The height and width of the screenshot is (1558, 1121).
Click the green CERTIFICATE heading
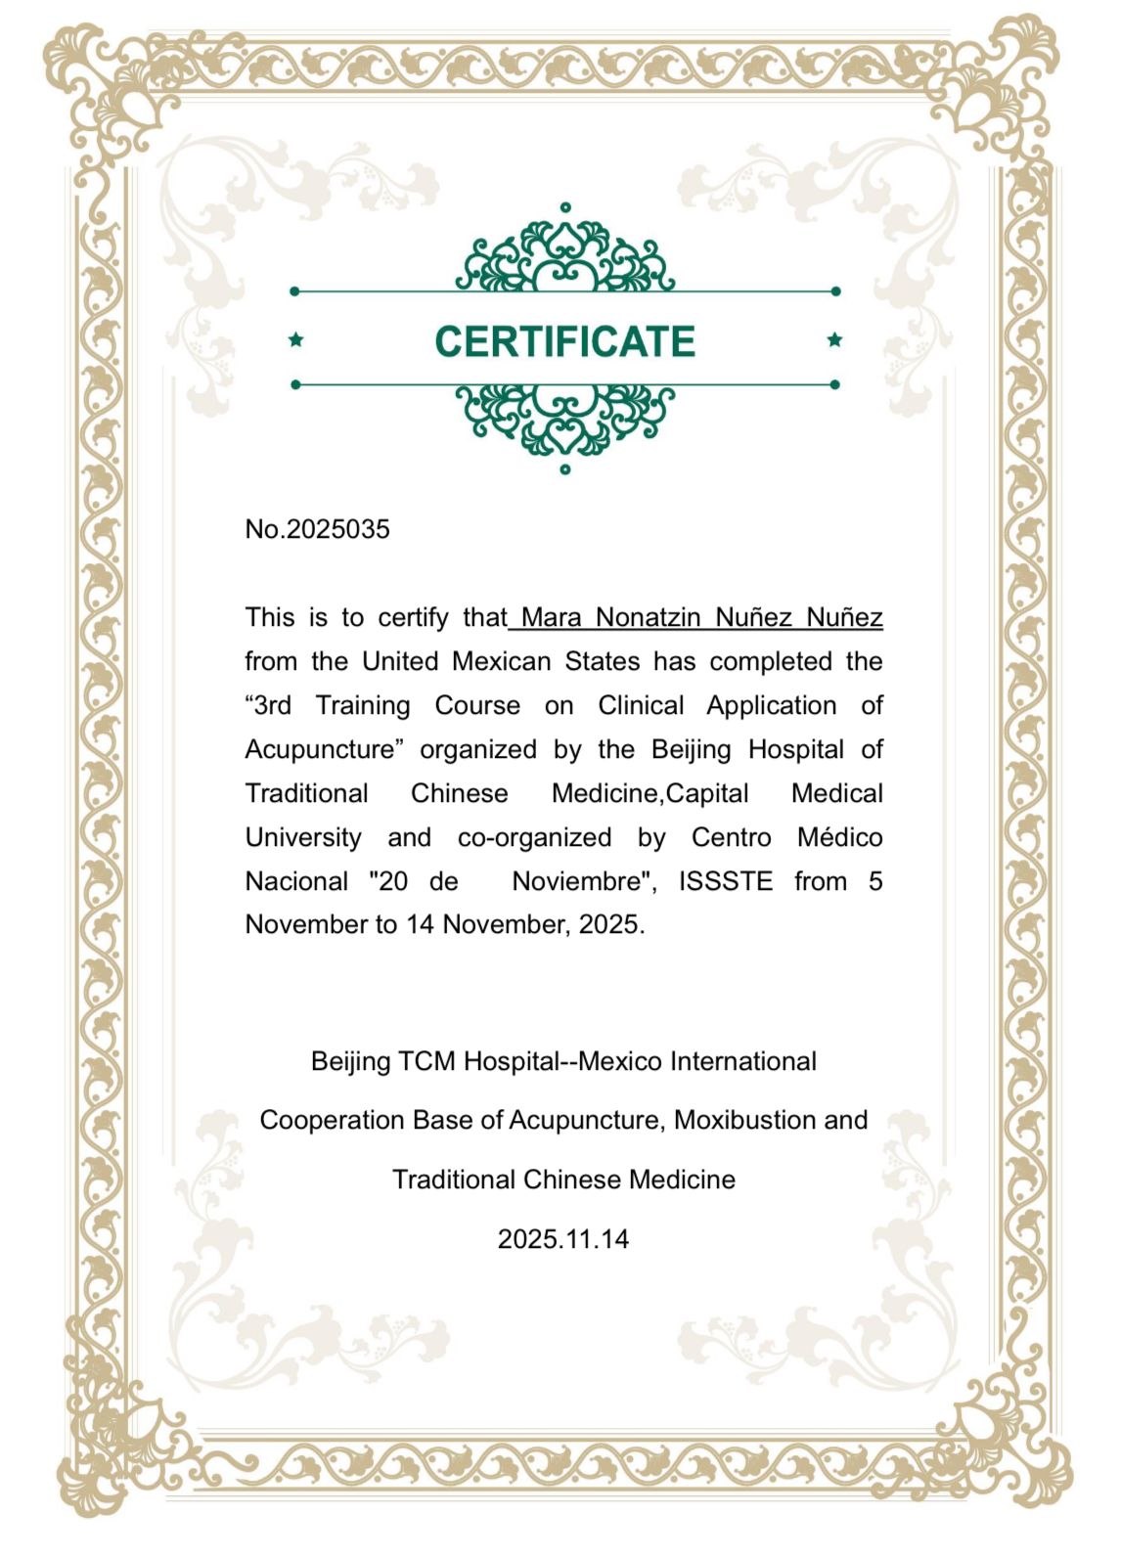pyautogui.click(x=564, y=341)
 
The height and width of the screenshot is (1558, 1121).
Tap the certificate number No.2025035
pyautogui.click(x=317, y=529)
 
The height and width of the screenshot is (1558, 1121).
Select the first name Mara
pyautogui.click(x=552, y=618)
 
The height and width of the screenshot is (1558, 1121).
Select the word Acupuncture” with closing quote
pyautogui.click(x=324, y=750)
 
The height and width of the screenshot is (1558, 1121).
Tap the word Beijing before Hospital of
pyautogui.click(x=691, y=750)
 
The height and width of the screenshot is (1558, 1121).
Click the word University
pyautogui.click(x=302, y=838)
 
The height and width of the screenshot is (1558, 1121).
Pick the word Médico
pyautogui.click(x=839, y=838)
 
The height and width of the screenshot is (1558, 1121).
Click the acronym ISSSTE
pyautogui.click(x=725, y=881)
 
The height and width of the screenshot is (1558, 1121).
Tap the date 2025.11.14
pyautogui.click(x=563, y=1239)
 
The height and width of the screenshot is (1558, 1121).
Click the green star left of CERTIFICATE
pyautogui.click(x=296, y=340)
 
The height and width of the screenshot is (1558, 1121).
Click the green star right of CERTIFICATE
pyautogui.click(x=834, y=340)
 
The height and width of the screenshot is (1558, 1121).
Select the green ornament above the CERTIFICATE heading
pyautogui.click(x=564, y=253)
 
